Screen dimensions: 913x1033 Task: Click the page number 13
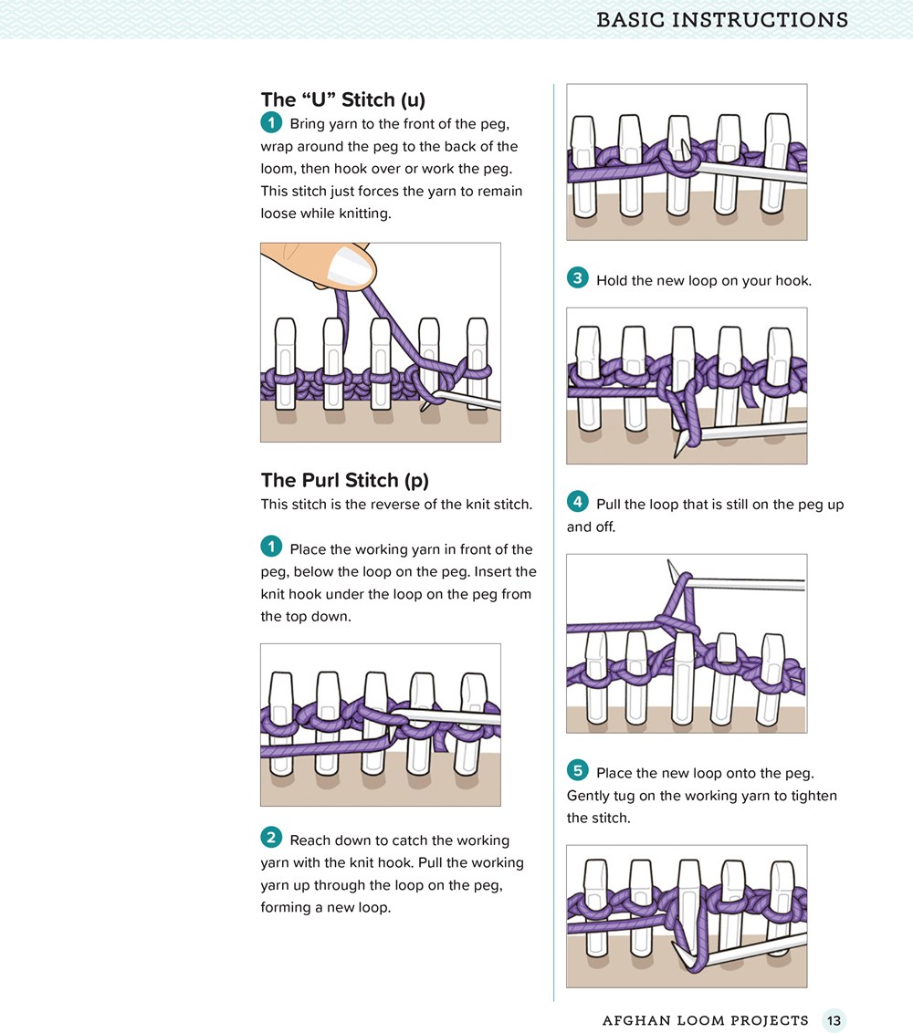[834, 1020]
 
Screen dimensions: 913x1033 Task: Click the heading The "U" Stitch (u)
[342, 100]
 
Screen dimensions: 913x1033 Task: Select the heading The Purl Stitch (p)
[345, 480]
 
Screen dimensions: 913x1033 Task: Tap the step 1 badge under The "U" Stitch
[271, 122]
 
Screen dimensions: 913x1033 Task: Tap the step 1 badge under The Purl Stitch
[271, 547]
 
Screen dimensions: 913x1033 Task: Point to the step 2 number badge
[271, 838]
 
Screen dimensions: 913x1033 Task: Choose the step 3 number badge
[577, 278]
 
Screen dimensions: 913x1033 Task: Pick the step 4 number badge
[577, 502]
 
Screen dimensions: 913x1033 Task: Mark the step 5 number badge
[577, 770]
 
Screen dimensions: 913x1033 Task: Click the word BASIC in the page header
[630, 20]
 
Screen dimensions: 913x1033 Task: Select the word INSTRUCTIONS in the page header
[760, 20]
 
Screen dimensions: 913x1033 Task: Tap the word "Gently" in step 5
[588, 796]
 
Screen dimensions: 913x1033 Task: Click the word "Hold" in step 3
[612, 281]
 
